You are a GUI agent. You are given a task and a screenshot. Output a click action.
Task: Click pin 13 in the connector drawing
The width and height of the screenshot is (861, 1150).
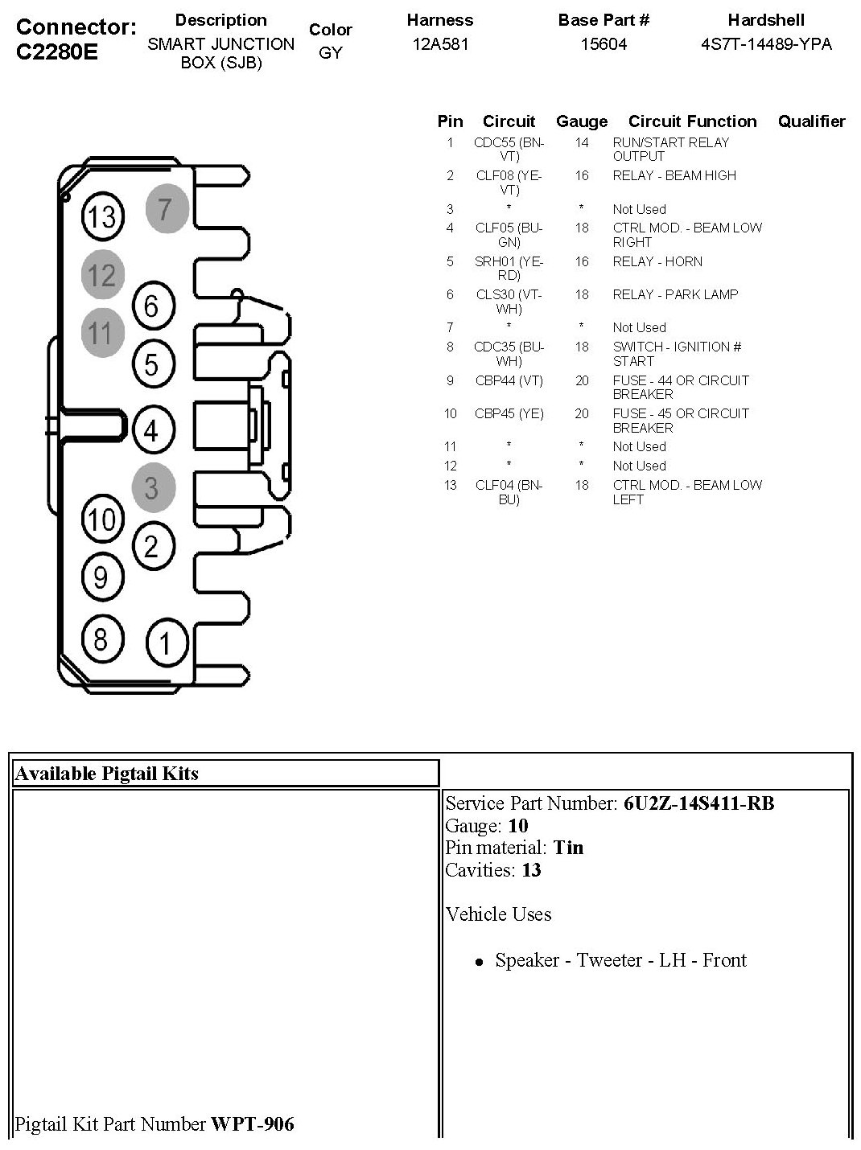tap(103, 216)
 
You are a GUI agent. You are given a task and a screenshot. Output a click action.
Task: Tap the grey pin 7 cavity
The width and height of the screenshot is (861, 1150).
tap(167, 209)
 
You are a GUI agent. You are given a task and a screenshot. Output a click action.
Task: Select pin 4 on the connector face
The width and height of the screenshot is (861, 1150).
tap(152, 431)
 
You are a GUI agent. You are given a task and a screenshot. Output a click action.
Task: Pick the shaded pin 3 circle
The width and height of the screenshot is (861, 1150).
tap(153, 487)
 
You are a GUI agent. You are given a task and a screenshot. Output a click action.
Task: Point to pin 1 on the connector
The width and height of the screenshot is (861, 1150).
tap(167, 643)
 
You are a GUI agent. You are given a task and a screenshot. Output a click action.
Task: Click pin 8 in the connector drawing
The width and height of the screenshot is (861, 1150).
tap(101, 639)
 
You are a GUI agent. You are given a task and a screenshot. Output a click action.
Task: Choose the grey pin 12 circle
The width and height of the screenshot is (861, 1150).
tap(102, 276)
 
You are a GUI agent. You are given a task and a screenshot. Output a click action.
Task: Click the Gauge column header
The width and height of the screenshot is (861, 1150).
tap(582, 121)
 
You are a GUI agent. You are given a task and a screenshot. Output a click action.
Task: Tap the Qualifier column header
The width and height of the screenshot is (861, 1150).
tap(811, 121)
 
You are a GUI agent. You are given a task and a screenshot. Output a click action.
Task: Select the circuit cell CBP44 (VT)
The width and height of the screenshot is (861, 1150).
tap(509, 380)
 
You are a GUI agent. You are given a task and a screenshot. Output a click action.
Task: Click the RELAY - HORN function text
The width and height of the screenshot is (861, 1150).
tap(657, 261)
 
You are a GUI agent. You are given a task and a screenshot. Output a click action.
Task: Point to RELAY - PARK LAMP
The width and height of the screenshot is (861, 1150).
tap(675, 294)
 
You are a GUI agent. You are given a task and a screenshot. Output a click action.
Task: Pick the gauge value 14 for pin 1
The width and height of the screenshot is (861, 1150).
tap(582, 142)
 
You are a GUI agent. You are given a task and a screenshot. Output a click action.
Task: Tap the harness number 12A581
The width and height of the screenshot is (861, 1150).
tap(440, 44)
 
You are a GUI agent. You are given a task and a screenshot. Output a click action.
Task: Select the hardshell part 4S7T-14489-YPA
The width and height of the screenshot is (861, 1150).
tap(766, 44)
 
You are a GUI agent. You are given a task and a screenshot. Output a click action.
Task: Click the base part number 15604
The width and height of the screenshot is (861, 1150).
tap(604, 44)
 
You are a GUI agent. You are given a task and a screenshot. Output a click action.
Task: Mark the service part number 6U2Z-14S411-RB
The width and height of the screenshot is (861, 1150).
tap(698, 803)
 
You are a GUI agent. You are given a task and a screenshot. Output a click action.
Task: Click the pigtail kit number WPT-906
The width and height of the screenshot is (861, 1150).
tap(252, 1123)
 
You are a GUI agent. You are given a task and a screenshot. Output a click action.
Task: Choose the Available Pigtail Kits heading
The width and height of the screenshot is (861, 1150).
tap(107, 774)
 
